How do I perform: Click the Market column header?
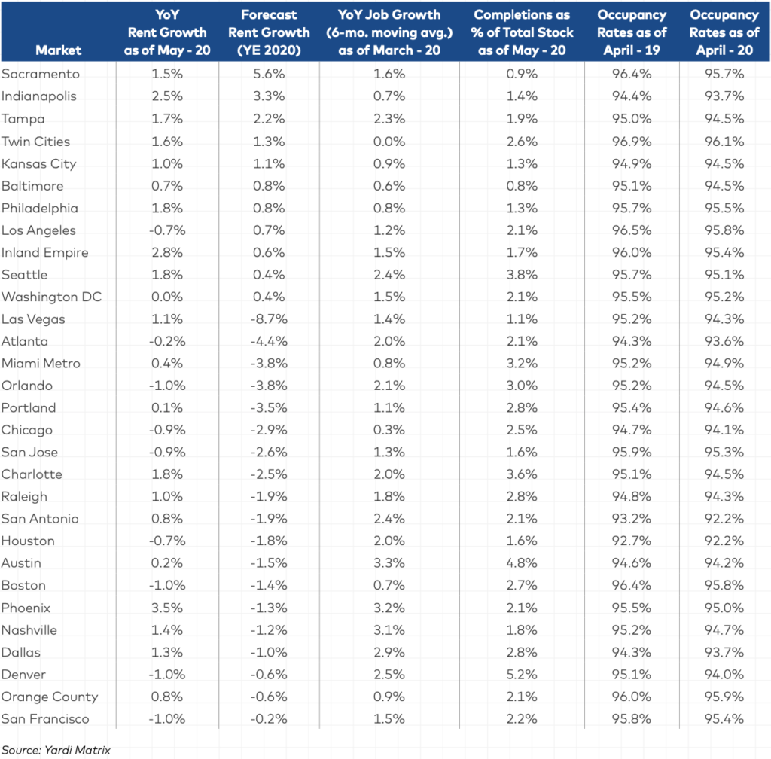pos(58,50)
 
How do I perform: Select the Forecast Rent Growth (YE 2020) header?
pos(269,32)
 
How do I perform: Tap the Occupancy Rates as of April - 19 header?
pos(632,32)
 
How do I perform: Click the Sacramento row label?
pos(41,74)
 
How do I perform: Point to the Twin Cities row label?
pos(36,142)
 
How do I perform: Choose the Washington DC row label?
pos(52,297)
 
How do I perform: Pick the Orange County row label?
pos(50,697)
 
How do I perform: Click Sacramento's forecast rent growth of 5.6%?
pos(269,74)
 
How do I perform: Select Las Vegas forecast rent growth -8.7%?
pos(269,319)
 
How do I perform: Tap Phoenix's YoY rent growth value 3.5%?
pos(167,608)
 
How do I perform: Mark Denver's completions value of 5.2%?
pos(522,675)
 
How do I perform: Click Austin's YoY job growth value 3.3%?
pos(389,563)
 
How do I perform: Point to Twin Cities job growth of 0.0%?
pos(389,142)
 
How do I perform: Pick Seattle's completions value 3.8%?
pos(522,275)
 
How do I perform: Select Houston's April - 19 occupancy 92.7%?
pos(632,541)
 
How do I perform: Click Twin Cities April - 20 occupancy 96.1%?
pos(724,142)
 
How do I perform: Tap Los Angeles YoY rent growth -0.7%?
pos(167,230)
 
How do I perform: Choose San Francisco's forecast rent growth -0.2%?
pos(269,718)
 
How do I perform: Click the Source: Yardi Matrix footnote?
pos(56,750)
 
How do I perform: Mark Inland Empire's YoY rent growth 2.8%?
pos(167,253)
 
